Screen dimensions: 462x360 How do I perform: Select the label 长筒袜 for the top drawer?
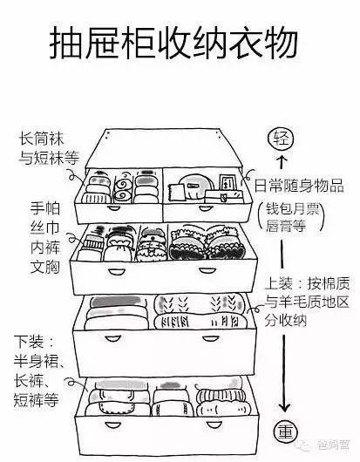37,140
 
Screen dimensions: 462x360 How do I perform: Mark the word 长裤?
35,382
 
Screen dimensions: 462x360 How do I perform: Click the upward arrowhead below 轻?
281,161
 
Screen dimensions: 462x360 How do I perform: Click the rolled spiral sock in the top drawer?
123,187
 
